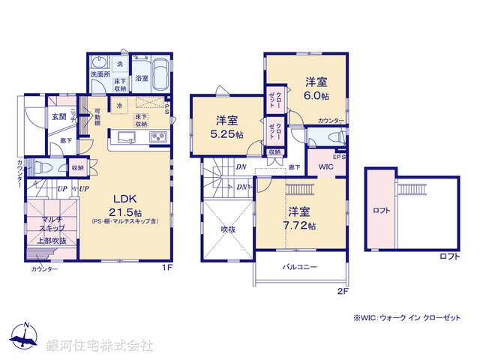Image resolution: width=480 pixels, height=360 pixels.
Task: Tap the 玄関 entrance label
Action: tap(59, 116)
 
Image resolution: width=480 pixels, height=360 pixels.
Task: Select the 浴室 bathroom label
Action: tap(141, 77)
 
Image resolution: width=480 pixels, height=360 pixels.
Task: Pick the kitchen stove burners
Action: tap(159, 137)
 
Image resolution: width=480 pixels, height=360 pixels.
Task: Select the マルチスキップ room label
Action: tap(52, 223)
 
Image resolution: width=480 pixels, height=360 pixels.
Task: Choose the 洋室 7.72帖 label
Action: tap(301, 217)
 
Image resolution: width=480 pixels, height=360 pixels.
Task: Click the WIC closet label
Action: tap(325, 166)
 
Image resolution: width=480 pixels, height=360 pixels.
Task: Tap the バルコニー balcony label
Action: tap(300, 267)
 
